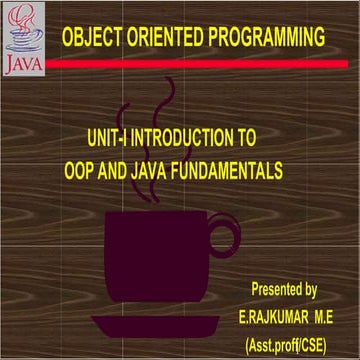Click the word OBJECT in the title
[x=92, y=39]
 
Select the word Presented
[x=276, y=291]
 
